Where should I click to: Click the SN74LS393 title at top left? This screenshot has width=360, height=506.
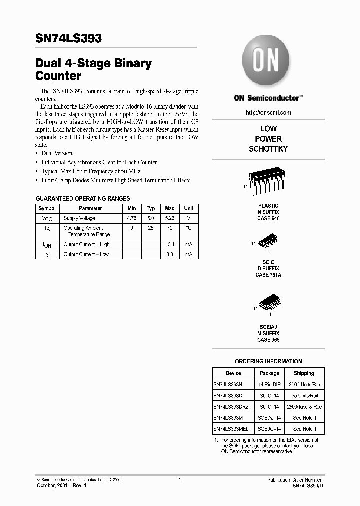coord(69,38)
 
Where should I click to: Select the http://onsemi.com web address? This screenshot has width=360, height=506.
coord(268,114)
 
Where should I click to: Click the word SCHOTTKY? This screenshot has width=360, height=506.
coord(268,149)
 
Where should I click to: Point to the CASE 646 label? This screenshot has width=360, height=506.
coord(268,218)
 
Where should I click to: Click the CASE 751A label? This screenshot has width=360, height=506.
coord(268,275)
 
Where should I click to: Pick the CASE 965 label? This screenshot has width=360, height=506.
coord(268,340)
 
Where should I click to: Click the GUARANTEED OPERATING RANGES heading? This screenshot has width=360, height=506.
coord(83,198)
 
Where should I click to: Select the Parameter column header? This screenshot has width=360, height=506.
coord(90,208)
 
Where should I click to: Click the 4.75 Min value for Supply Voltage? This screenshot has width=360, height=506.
coord(131,218)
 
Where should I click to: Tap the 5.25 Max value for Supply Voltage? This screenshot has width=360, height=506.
coord(169,218)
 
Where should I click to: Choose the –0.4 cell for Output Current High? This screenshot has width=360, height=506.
coord(169,245)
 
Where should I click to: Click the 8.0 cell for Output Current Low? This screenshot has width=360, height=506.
coord(169,254)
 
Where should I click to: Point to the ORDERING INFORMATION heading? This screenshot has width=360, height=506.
coord(268,361)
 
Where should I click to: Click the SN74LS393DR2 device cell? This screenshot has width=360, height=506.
coord(231,407)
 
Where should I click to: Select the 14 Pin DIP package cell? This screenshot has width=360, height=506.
coord(269,384)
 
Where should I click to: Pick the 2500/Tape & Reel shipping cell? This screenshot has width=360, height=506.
coord(304,407)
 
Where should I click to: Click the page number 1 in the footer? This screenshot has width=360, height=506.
coord(179,480)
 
